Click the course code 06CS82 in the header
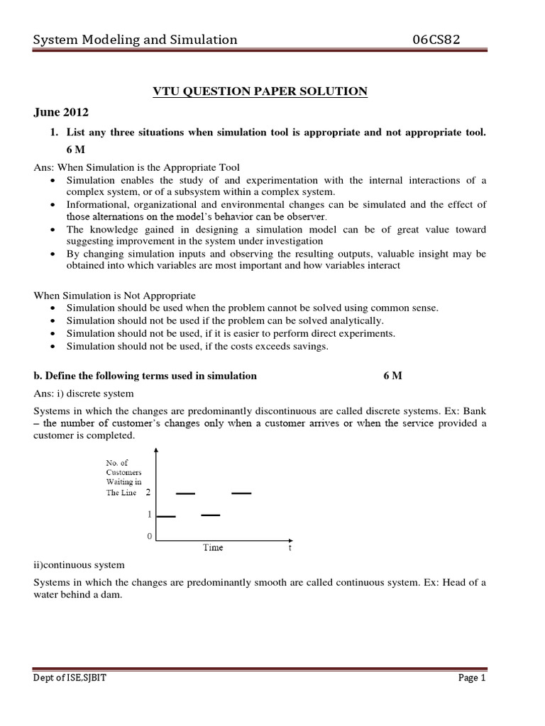(x=436, y=40)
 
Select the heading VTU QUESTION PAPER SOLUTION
(x=261, y=91)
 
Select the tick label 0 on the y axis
(x=149, y=537)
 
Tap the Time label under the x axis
(x=213, y=547)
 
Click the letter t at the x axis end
(x=290, y=547)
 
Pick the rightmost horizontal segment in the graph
(x=241, y=493)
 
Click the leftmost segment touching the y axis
(x=165, y=516)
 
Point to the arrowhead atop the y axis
(x=155, y=450)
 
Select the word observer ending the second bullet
(x=306, y=216)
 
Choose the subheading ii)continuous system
(x=79, y=565)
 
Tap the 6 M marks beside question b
(x=392, y=376)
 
